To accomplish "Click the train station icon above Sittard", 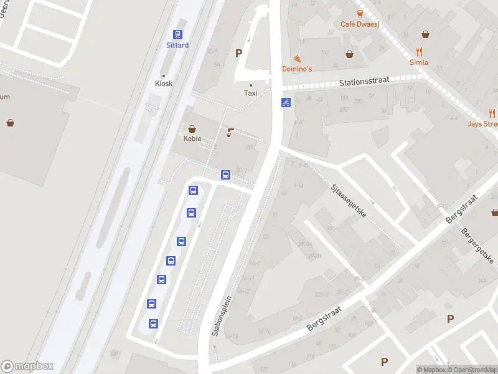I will point(177,35).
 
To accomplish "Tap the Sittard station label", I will point(177,46).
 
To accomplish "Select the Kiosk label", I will point(164,84).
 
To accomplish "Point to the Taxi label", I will point(250,93).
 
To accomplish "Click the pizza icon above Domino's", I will point(297,58).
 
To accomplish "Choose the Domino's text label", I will point(297,69).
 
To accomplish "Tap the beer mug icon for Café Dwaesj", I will point(360,14).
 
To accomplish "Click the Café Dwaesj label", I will point(360,24).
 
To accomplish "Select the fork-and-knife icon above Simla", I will point(419,52).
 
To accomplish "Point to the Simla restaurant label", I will point(419,62).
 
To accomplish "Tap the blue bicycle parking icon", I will point(286,102).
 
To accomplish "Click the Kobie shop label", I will point(192,138).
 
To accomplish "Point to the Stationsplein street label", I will point(223,315).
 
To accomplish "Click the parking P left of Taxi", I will point(238,54).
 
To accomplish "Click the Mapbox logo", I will point(27,367).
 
